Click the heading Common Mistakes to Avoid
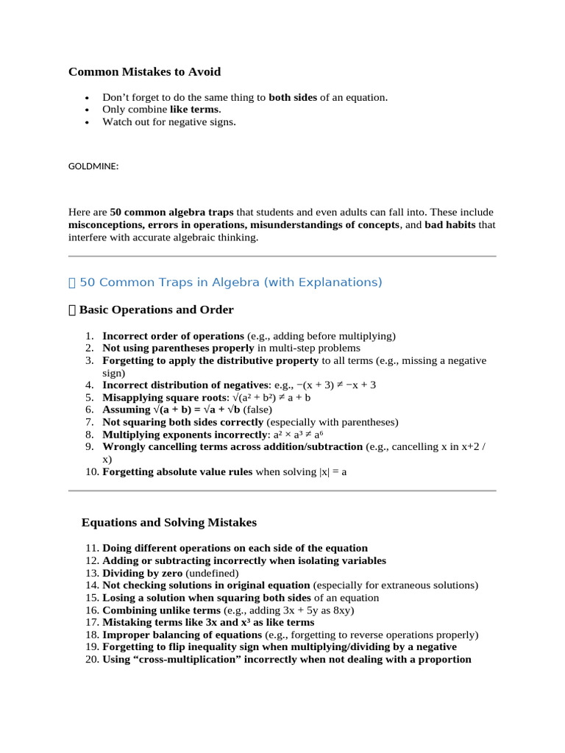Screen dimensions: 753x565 pyautogui.click(x=144, y=72)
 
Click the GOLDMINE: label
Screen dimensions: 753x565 pyautogui.click(x=93, y=167)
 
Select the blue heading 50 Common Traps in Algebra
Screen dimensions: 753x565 pyautogui.click(x=230, y=282)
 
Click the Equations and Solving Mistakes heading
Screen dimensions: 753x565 pyautogui.click(x=169, y=523)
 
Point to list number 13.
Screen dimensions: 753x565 pyautogui.click(x=92, y=573)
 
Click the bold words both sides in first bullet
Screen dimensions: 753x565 pyautogui.click(x=293, y=97)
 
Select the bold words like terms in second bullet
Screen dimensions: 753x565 pyautogui.click(x=194, y=110)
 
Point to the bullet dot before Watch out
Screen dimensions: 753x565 pyautogui.click(x=88, y=123)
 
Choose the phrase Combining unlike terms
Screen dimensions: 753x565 pyautogui.click(x=161, y=610)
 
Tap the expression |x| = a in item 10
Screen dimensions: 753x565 pyautogui.click(x=333, y=472)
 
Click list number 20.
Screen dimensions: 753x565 pyautogui.click(x=92, y=660)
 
